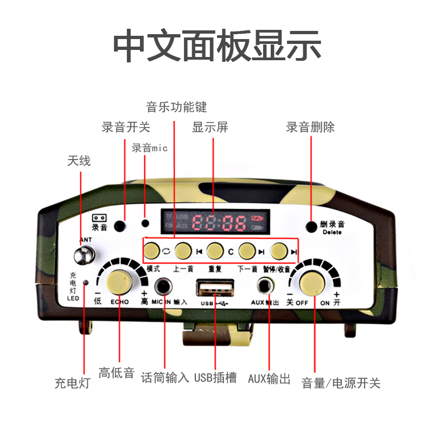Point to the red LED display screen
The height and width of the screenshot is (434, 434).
pyautogui.click(x=215, y=221)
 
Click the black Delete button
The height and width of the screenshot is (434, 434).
pyautogui.click(x=311, y=227)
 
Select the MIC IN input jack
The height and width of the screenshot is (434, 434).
pyautogui.click(x=163, y=285)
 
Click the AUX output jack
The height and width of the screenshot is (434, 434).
pyautogui.click(x=265, y=285)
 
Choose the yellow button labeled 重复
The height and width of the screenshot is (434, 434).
pyautogui.click(x=215, y=250)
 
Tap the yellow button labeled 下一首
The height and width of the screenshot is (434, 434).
pyautogui.click(x=247, y=250)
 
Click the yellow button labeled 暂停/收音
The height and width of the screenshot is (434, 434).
pyautogui.click(x=279, y=250)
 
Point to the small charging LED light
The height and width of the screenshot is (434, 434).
pyautogui.click(x=85, y=283)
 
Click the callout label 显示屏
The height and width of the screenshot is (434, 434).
pyautogui.click(x=210, y=127)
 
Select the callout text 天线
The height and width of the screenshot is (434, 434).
pyautogui.click(x=79, y=161)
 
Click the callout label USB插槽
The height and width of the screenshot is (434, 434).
pyautogui.click(x=215, y=378)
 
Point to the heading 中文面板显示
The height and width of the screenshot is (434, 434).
pyautogui.click(x=217, y=47)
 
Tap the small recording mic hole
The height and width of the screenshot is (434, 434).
pyautogui.click(x=145, y=223)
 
